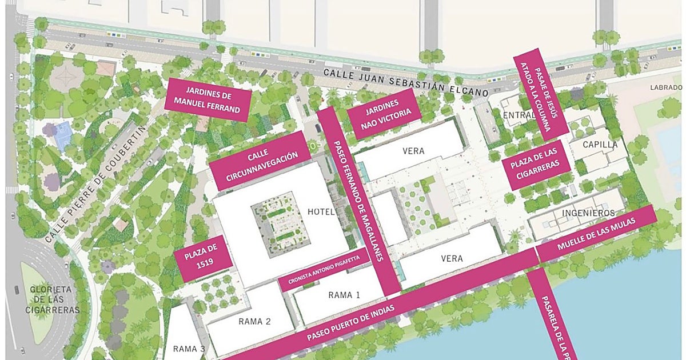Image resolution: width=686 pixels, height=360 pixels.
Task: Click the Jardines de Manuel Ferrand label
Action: pyautogui.click(x=207, y=99)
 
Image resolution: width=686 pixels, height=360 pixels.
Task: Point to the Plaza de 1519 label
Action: pyautogui.click(x=204, y=258)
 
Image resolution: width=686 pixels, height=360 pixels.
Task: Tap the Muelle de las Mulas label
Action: pyautogui.click(x=596, y=234)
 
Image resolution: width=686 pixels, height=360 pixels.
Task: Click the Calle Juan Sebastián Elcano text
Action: pyautogui.click(x=406, y=82)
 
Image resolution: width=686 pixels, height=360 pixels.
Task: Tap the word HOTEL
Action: pyautogui.click(x=321, y=212)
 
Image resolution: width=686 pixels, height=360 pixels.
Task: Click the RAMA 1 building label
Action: pyautogui.click(x=344, y=295)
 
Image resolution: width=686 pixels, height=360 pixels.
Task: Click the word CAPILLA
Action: pyautogui.click(x=600, y=145)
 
